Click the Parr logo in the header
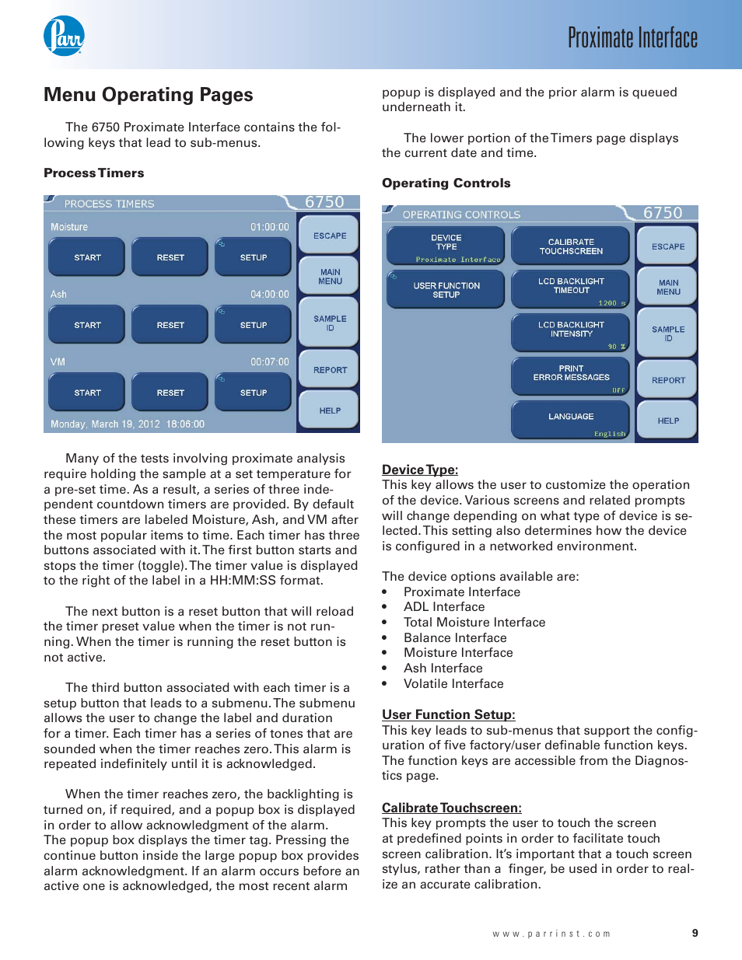[64, 36]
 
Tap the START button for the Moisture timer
[87, 257]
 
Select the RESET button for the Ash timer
[170, 325]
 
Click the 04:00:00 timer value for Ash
[269, 295]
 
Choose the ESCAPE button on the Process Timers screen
[330, 236]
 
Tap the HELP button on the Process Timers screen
[330, 410]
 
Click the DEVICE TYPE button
[446, 245]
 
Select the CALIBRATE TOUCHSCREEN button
[571, 246]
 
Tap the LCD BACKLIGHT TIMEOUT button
[571, 288]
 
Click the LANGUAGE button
[571, 419]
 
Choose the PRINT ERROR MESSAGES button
[571, 375]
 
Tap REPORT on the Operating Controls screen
[668, 380]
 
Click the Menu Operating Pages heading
[149, 95]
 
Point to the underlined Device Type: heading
[420, 470]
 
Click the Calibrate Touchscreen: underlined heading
[452, 808]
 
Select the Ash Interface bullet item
[443, 669]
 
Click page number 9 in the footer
[695, 933]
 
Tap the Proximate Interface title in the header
[632, 37]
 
